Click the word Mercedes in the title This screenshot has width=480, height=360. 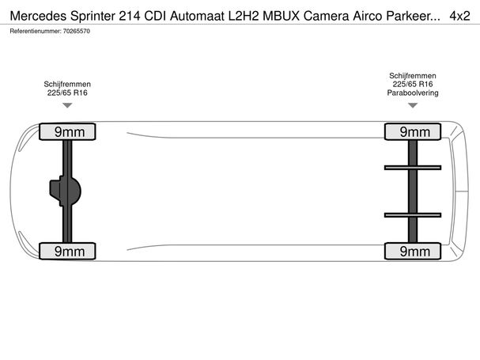[x=38, y=16]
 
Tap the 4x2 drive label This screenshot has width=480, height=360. [x=459, y=16]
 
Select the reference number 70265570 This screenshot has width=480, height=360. [x=77, y=31]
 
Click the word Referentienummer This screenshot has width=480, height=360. [x=36, y=31]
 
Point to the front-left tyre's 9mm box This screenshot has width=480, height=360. [x=67, y=252]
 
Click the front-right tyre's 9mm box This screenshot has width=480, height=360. [x=67, y=132]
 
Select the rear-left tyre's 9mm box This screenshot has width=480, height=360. [x=413, y=252]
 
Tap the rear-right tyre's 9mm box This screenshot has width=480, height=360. [x=413, y=132]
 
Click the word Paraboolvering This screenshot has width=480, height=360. [x=413, y=93]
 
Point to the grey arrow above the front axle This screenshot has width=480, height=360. [x=67, y=105]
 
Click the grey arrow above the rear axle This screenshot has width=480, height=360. [x=413, y=105]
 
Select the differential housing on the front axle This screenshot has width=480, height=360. [x=65, y=191]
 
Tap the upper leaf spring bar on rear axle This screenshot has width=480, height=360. [x=413, y=168]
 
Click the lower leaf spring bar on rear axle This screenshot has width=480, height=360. [x=413, y=215]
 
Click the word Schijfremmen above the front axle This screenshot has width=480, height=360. [x=67, y=84]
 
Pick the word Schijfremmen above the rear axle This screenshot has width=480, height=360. [x=413, y=76]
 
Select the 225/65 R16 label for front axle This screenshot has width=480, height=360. [x=67, y=93]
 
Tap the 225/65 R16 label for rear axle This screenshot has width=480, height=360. [x=413, y=84]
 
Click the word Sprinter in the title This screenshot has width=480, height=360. [x=93, y=16]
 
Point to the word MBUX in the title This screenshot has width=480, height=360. [x=282, y=16]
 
